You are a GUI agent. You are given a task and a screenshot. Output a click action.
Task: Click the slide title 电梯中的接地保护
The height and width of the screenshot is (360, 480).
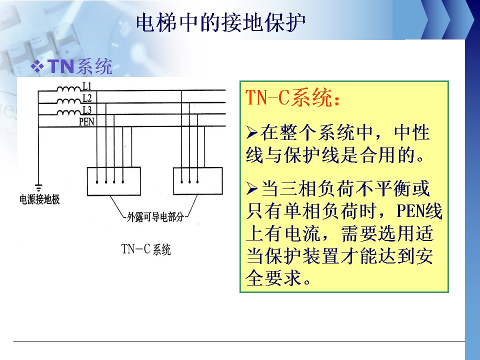pos(220,22)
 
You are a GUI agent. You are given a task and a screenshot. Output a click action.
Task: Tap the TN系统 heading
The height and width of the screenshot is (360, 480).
pos(79,66)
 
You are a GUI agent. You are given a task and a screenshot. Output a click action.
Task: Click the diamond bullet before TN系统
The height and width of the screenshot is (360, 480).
pos(37,66)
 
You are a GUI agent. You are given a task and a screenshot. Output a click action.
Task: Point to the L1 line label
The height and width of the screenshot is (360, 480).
pos(87,86)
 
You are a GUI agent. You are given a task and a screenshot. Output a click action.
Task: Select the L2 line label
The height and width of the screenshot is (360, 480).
pos(87,98)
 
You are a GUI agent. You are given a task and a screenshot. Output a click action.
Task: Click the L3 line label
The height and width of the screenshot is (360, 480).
pos(87,110)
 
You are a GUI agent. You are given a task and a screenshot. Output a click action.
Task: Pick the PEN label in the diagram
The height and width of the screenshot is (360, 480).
pos(86,121)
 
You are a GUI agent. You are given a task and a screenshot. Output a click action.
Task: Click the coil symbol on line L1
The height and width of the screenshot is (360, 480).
pos(69,89)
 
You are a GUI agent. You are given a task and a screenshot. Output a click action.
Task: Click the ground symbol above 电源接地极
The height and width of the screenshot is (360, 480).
pos(38,187)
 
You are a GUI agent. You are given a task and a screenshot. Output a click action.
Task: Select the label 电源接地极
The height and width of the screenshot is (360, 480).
pos(39,199)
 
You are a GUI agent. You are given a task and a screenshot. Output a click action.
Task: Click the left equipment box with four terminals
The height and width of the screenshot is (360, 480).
pos(114,181)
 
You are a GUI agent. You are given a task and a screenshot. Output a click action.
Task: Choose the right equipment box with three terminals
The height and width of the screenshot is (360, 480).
pos(198,181)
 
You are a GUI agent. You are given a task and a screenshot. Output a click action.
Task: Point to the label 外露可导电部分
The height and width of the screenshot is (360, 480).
pos(155,217)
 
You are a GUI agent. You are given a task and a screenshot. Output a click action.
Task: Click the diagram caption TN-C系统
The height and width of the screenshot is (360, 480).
pos(146,249)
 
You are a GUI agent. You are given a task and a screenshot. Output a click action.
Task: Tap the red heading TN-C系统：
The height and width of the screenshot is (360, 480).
pos(292,97)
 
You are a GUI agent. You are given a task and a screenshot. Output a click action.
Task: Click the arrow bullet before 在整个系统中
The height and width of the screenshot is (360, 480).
pos(252,132)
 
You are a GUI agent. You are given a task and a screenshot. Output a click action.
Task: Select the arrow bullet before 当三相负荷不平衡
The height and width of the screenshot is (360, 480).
pos(252,188)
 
